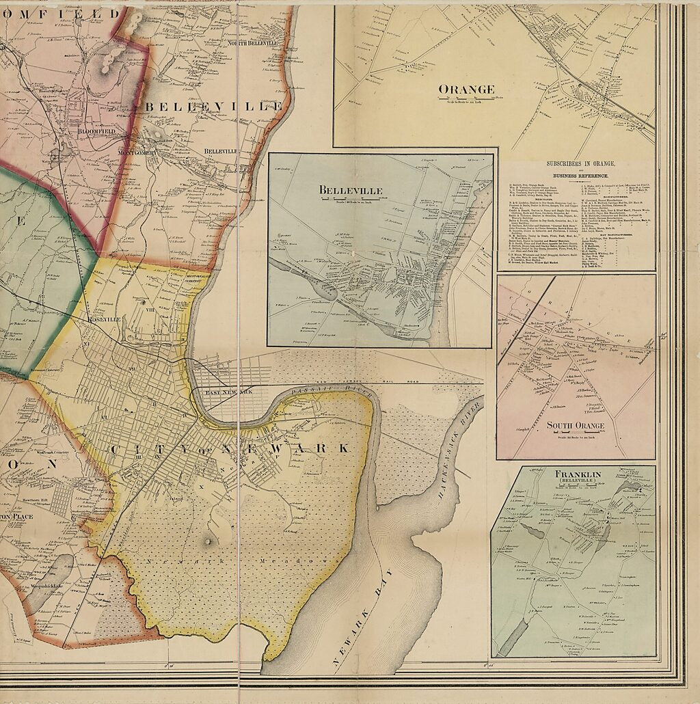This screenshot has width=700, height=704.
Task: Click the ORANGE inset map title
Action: coord(466,89)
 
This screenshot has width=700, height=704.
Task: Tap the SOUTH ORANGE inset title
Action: coord(576,426)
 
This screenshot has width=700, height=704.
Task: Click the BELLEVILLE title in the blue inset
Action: coord(349,190)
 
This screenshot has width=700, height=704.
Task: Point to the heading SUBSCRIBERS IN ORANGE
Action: coord(580,164)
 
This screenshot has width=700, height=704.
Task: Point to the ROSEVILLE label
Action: coord(104,319)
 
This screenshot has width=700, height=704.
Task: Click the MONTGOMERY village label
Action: coord(137,152)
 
